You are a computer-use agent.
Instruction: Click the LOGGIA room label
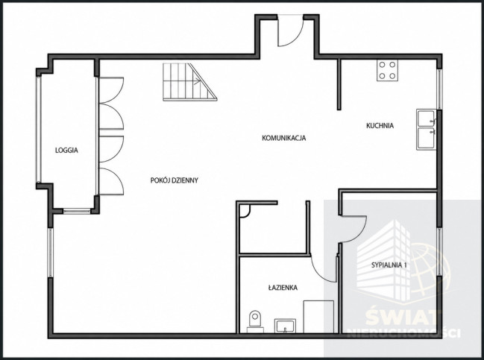66,151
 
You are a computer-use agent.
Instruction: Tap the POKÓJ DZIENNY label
174,180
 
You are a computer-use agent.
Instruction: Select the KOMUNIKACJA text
283,138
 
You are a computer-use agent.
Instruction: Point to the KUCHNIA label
380,125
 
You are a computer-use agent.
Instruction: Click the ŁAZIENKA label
283,288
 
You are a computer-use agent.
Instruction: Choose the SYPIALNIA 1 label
389,265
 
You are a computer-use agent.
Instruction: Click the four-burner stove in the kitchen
387,70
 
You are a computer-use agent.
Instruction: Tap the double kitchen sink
427,129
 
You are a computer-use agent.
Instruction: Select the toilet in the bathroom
255,321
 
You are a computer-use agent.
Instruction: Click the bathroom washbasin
285,326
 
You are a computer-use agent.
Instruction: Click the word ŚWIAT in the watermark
401,316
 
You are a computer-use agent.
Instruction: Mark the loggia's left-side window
38,130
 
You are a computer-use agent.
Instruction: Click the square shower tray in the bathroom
318,317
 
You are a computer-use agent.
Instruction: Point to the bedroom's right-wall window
439,253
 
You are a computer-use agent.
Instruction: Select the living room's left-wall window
51,253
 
